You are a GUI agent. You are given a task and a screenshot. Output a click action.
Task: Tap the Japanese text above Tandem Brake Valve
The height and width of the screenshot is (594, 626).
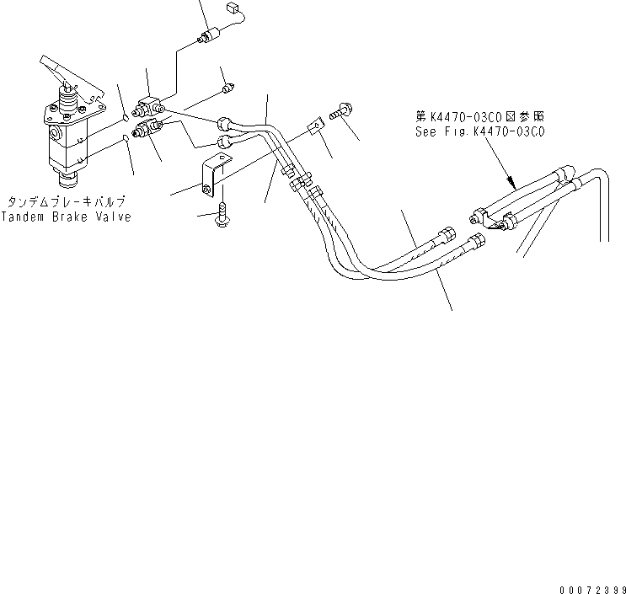tap(67, 202)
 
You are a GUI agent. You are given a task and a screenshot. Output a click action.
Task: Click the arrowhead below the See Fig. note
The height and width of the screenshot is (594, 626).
tap(511, 181)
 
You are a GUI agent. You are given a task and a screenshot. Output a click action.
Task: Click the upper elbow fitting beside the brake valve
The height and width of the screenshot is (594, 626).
tap(152, 106)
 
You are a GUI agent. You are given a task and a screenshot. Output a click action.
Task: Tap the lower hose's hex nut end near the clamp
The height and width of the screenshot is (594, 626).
tap(477, 241)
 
